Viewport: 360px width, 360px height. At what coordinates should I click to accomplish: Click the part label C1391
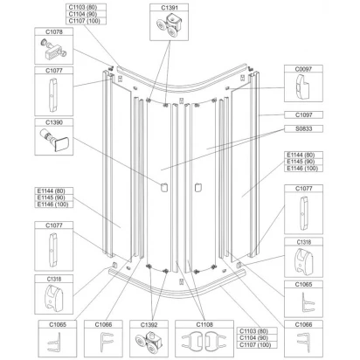click(170, 8)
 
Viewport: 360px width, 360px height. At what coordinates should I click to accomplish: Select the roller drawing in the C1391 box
click(170, 26)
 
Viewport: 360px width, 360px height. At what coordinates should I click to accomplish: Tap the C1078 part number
click(54, 31)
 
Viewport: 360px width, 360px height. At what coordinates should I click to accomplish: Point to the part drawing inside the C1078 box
click(52, 50)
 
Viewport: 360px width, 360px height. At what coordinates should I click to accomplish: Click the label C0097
click(303, 69)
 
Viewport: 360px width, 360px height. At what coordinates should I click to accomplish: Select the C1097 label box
click(303, 114)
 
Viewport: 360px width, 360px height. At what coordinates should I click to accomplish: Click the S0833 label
click(303, 128)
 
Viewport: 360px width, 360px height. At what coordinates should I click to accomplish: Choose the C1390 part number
click(54, 122)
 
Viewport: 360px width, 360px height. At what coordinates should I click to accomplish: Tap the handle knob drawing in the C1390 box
click(54, 140)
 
